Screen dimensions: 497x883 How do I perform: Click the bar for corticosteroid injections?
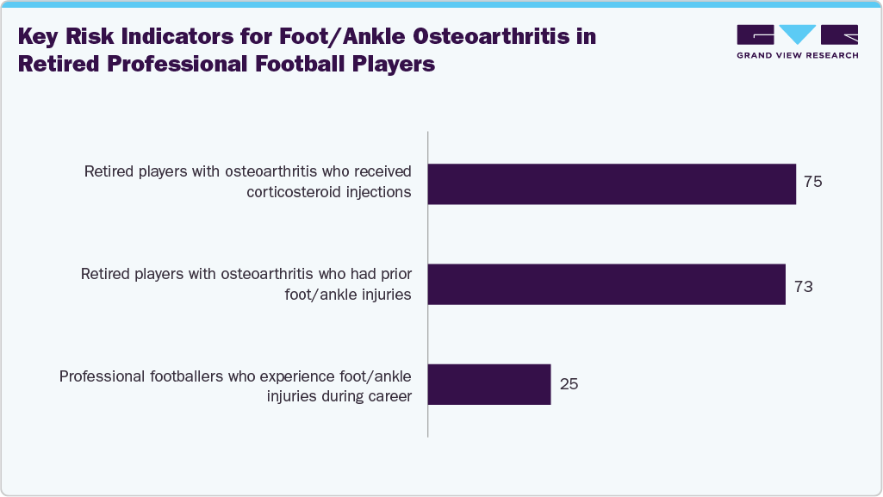(x=612, y=183)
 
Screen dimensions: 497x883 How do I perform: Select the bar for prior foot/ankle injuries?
(x=606, y=284)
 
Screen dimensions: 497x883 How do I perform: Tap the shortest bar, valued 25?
(x=488, y=384)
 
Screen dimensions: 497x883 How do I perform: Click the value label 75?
(x=813, y=183)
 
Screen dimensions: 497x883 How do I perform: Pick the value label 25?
(x=569, y=384)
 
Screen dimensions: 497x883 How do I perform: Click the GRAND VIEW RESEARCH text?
(x=797, y=55)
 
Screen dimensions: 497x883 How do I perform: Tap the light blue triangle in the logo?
(x=798, y=34)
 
